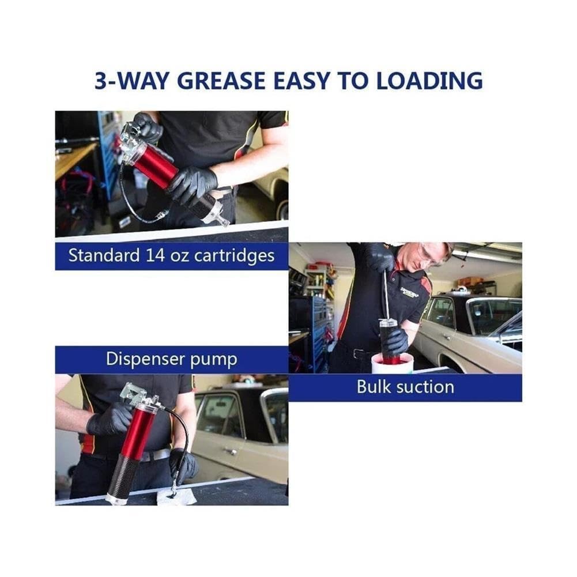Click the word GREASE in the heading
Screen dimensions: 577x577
pos(221,81)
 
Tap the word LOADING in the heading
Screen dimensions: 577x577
pos(429,81)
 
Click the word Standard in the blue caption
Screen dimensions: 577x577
pos(104,255)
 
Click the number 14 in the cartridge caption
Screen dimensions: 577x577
pos(155,255)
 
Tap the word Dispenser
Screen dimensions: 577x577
pos(145,359)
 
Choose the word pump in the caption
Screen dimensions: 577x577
pos(213,360)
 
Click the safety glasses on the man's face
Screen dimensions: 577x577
pos(431,256)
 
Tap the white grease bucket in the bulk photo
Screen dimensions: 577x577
pos(390,364)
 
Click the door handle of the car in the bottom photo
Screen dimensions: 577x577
pos(231,451)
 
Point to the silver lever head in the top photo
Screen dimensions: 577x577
pos(130,138)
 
